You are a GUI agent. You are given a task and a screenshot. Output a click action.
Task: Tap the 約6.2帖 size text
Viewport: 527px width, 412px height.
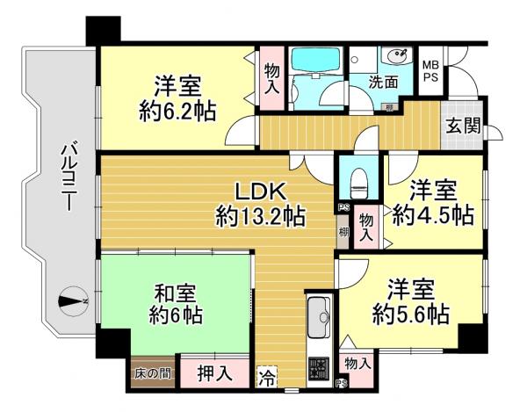178,112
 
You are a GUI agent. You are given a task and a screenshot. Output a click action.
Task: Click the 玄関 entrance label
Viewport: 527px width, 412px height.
461,126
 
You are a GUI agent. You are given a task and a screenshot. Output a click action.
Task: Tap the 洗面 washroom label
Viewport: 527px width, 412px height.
384,83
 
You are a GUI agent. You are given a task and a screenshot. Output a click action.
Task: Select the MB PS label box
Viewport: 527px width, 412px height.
431,71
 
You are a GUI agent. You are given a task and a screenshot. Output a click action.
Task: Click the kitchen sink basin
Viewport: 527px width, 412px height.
318,313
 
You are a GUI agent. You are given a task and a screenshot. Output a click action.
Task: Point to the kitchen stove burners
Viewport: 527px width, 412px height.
318,368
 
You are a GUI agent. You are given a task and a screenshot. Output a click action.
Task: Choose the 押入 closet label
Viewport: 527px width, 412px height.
213,373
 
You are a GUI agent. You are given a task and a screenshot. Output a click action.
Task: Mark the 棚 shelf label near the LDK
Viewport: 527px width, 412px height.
342,234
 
